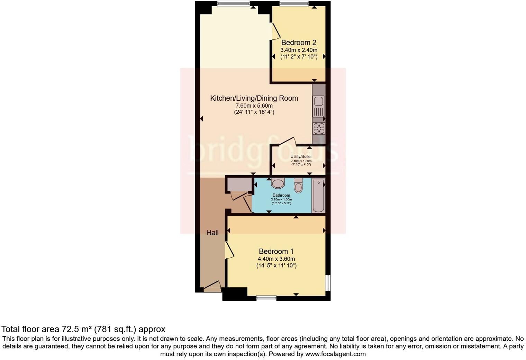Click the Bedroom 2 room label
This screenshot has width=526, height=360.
click(298, 43)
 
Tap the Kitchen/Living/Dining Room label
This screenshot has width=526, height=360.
click(254, 98)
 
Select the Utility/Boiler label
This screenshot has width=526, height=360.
click(301, 156)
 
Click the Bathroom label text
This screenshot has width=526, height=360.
click(281, 195)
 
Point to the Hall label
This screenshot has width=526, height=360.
click(212, 233)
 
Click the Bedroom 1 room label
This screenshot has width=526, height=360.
click(276, 251)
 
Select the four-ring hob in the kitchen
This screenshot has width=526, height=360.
click(319, 128)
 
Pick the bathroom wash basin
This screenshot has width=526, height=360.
click(278, 183)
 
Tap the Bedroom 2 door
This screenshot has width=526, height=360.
click(276, 31)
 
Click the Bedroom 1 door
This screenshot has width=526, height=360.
click(229, 250)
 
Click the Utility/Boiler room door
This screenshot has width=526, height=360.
click(288, 141)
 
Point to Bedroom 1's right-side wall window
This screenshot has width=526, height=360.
click(327, 283)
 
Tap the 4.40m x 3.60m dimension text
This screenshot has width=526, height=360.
click(276, 259)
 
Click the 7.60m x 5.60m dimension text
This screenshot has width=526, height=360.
click(254, 106)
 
